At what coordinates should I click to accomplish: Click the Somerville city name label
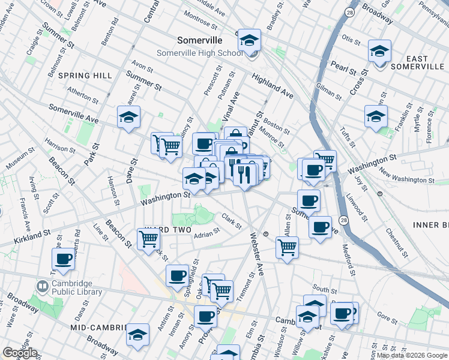point(200,41)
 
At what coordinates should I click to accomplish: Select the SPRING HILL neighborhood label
point(85,76)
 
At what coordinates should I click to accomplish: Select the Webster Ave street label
point(253,253)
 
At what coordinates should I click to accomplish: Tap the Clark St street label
point(231,221)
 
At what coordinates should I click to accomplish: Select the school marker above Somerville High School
point(249,40)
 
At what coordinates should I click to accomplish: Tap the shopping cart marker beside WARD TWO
point(148,239)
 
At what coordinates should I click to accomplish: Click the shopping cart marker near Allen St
point(288,246)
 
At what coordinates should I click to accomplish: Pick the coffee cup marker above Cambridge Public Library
point(63,259)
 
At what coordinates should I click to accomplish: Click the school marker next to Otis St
point(379,51)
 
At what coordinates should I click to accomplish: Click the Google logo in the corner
point(20,353)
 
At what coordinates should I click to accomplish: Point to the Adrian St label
point(207,235)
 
